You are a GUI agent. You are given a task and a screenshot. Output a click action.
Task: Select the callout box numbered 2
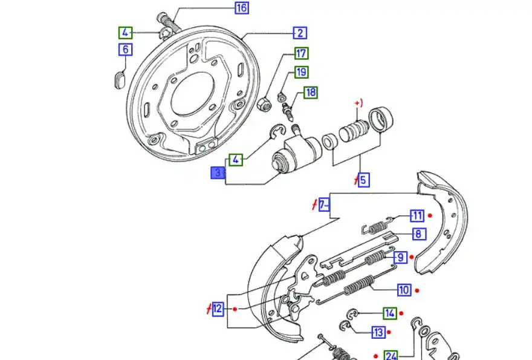pyautogui.click(x=300, y=33)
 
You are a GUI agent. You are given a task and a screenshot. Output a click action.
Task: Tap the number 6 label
pyautogui.click(x=125, y=49)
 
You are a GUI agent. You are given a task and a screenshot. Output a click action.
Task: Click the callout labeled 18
pyautogui.click(x=311, y=93)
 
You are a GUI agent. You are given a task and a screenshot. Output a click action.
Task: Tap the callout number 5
pyautogui.click(x=363, y=180)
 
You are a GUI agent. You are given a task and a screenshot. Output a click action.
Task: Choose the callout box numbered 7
pyautogui.click(x=325, y=205)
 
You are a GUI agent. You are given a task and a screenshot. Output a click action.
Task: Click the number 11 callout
pyautogui.click(x=417, y=215)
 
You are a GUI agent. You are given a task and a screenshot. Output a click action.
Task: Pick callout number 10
pyautogui.click(x=404, y=290)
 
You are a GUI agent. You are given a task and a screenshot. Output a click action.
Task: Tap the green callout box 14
pyautogui.click(x=390, y=313)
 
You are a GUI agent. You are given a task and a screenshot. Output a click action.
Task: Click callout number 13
pyautogui.click(x=378, y=332)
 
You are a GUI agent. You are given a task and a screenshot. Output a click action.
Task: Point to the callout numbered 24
pyautogui.click(x=391, y=355)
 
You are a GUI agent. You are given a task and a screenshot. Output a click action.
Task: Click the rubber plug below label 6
pyautogui.click(x=118, y=79)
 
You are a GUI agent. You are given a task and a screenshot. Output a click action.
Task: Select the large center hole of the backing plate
pyautogui.click(x=193, y=97)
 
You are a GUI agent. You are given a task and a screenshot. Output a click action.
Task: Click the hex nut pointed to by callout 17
pyautogui.click(x=264, y=105)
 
